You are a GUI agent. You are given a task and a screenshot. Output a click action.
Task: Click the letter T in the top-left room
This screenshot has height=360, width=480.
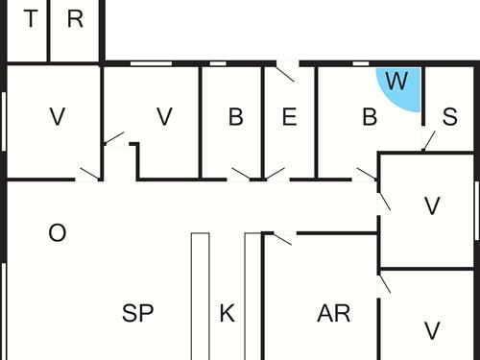point(32,20)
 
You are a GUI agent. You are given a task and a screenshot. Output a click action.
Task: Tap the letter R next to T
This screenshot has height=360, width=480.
point(76,20)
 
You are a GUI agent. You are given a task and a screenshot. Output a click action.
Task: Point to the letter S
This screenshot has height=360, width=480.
point(449,117)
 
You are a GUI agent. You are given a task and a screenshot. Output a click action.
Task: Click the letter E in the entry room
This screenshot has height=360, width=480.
point(289,117)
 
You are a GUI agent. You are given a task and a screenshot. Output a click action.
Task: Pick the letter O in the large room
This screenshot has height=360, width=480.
point(57,233)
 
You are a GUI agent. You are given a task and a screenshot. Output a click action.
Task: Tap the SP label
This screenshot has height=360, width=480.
point(138,312)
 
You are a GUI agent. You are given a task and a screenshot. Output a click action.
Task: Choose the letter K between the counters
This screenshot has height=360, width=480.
point(227,312)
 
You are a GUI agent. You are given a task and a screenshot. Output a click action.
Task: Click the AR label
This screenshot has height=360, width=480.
point(334,312)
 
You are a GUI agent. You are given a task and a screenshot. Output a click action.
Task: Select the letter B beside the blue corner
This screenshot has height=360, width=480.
point(370,117)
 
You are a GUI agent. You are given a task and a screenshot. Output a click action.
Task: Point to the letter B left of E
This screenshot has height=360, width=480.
point(235,117)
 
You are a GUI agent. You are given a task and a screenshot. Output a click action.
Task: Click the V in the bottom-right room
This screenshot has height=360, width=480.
point(432,330)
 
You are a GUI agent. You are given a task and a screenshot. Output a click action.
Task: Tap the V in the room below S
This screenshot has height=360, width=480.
point(432,205)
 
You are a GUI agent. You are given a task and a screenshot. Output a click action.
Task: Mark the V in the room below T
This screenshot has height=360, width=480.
point(57,117)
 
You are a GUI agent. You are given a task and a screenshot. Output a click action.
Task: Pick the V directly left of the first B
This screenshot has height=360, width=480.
point(164,117)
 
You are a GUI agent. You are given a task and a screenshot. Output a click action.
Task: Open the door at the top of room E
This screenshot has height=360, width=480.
point(287,70)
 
